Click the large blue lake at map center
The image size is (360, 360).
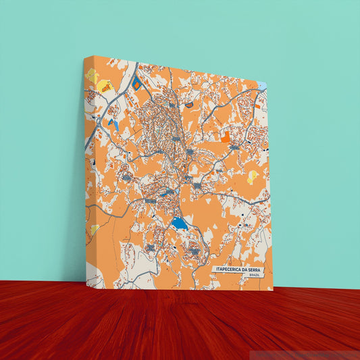178,223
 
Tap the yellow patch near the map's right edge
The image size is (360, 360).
253,177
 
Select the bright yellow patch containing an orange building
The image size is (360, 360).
105,85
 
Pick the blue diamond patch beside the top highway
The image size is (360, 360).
136,84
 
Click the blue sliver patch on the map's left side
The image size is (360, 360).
115,125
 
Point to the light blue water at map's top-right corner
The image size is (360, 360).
262,86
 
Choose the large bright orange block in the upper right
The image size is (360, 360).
225,137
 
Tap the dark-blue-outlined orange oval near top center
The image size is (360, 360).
189,104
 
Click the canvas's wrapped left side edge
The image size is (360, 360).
87,169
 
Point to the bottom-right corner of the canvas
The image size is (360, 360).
273,290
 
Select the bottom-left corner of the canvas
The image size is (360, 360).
87,285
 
